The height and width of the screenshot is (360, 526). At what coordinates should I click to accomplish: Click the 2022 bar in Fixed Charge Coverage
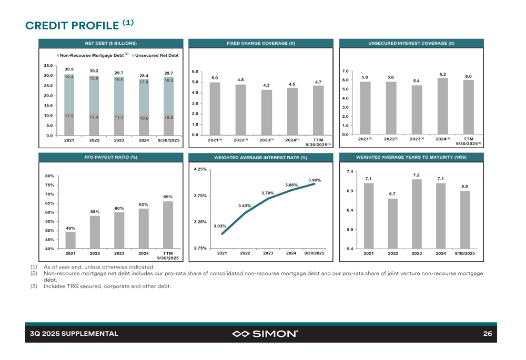coord(240,110)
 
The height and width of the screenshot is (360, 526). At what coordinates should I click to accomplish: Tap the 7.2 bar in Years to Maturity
coord(417,214)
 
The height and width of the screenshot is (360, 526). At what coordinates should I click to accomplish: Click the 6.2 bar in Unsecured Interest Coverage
coord(442,106)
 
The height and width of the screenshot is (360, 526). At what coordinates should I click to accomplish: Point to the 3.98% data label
coord(315,180)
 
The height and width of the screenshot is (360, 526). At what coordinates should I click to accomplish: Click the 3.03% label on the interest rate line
coord(220,226)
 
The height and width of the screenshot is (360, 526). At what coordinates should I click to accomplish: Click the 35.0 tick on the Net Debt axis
coord(48,66)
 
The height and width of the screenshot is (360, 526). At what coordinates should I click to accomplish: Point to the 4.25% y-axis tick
coord(200,169)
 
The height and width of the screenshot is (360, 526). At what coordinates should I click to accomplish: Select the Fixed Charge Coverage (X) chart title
coord(260,43)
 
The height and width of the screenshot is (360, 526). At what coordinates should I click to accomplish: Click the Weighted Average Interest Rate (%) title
coord(260,158)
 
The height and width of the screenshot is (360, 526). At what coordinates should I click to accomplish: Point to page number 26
coord(487,333)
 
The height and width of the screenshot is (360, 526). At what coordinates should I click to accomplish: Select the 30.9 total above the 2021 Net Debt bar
coord(69,69)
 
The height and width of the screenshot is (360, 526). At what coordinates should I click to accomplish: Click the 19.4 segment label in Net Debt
coord(69,77)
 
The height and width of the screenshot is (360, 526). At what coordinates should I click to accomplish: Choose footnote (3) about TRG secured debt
coord(107,286)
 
